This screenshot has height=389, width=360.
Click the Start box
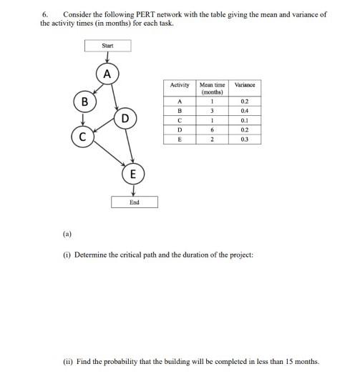point(107,46)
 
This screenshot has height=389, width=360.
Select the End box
point(134,202)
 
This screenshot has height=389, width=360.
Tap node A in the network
point(107,74)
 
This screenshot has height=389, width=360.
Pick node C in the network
point(83,135)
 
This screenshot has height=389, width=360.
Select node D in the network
point(125,117)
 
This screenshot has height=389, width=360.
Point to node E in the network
point(134,174)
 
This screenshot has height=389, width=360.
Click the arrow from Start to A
point(107,58)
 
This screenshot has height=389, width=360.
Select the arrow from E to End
point(134,189)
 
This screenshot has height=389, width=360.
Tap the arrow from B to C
point(84,119)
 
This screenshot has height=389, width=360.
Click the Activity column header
point(180,85)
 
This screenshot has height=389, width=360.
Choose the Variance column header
point(245,85)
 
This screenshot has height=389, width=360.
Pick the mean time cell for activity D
point(212,129)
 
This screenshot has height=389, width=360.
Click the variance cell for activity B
point(245,111)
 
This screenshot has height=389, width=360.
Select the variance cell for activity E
point(245,139)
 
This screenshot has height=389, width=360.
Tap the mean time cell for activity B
point(212,111)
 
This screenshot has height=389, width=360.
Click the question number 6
point(44,14)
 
